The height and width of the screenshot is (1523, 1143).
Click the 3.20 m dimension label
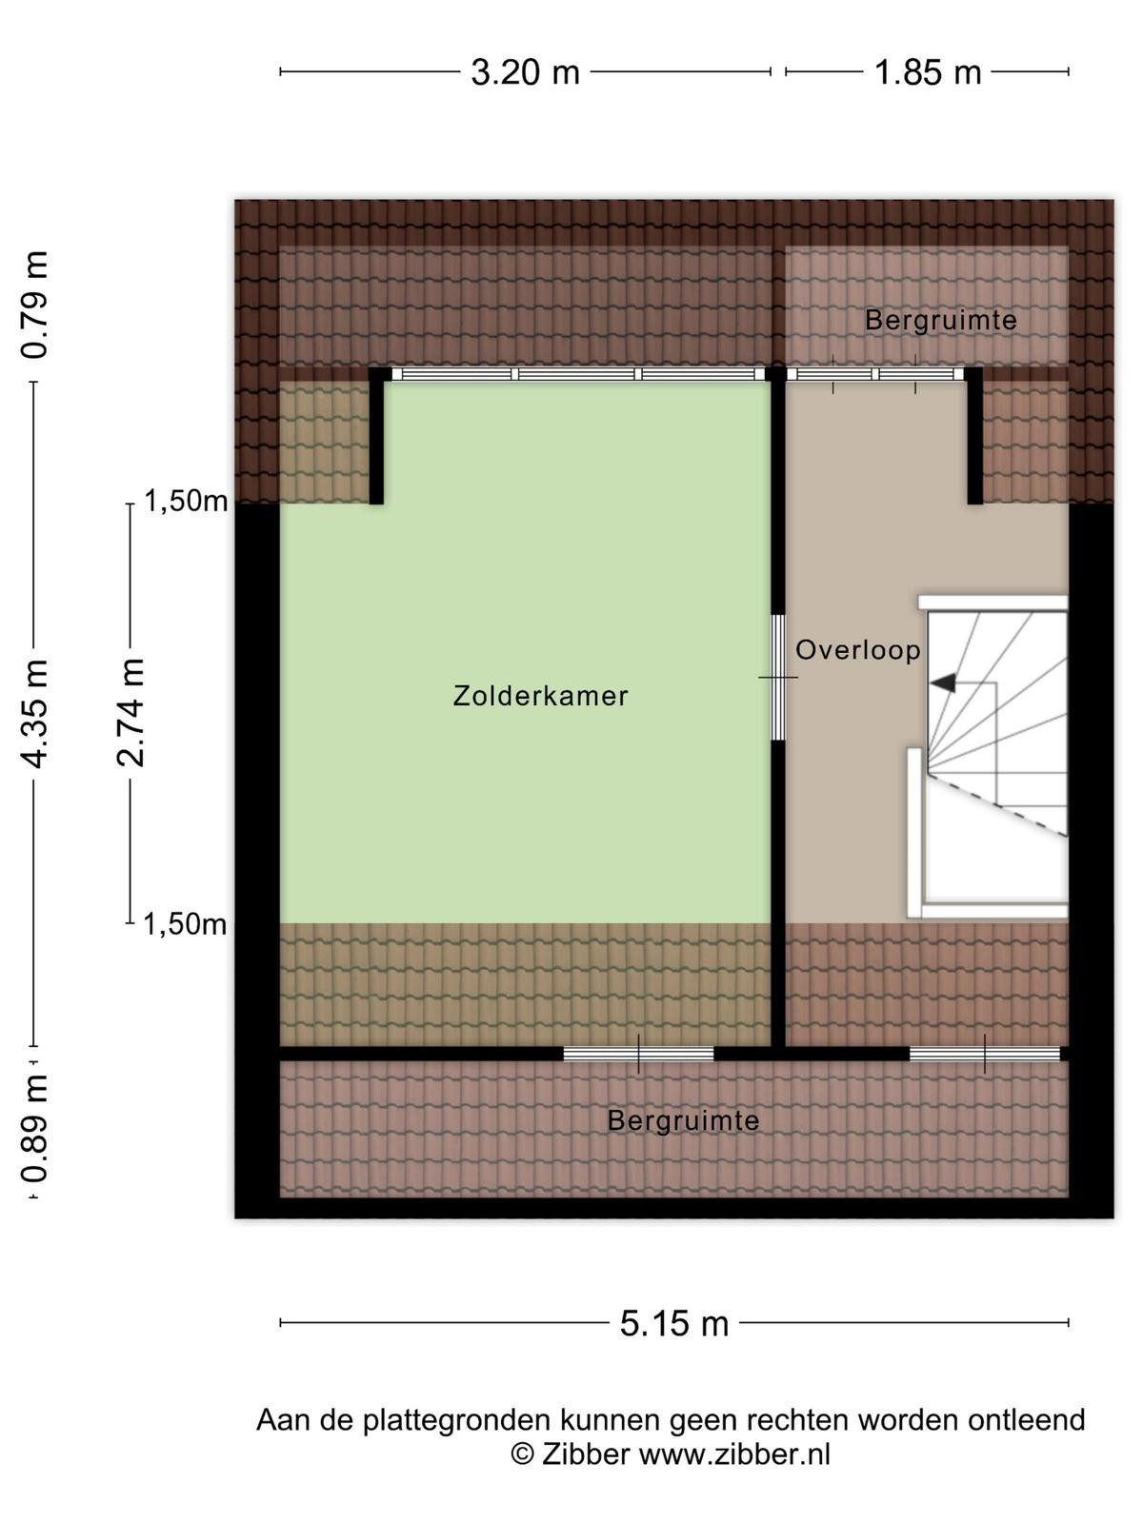point(526,72)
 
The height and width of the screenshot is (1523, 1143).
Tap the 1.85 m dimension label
point(928,72)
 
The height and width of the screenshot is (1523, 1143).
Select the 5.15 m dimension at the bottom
point(673,1323)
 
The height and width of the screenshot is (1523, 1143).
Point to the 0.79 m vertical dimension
point(34,305)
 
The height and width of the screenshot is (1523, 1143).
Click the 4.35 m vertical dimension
point(34,714)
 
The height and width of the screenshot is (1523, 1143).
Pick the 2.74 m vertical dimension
point(130,713)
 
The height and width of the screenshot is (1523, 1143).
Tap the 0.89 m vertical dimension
point(34,1128)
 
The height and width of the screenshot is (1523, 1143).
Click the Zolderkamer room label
point(541,696)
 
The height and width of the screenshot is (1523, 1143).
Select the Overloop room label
point(858,650)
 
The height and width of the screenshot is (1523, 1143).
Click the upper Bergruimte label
point(940,321)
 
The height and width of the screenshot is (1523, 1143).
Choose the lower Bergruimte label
point(684,1120)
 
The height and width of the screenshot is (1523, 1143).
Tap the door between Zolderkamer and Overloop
point(778,677)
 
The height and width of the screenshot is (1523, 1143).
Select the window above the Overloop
point(874,374)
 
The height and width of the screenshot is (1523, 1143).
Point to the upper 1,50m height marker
point(186,501)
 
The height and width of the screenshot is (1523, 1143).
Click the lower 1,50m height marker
point(186,925)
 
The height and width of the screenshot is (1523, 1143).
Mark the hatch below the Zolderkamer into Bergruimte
point(638,1054)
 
